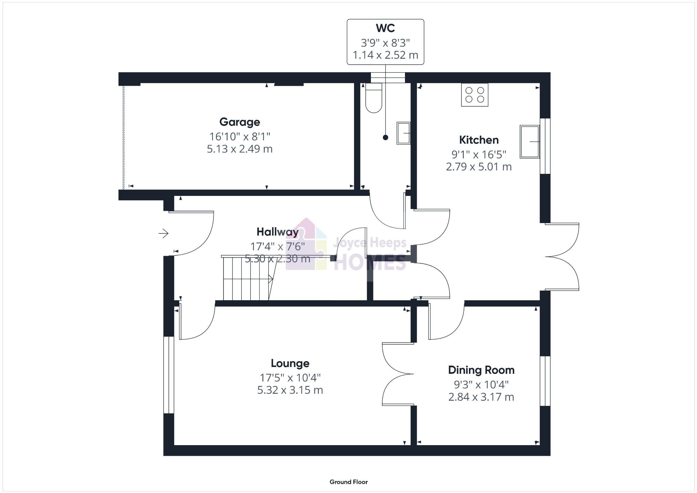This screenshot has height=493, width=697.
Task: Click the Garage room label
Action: (240, 122)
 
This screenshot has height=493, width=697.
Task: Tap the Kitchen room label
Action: (479, 140)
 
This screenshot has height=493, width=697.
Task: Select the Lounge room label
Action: (290, 363)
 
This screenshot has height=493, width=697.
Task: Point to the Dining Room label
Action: (481, 370)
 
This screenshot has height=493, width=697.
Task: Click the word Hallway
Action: (277, 232)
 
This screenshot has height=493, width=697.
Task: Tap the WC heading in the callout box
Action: (385, 28)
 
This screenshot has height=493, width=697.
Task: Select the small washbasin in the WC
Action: (403, 133)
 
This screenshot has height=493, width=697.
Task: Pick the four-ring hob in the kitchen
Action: (475, 95)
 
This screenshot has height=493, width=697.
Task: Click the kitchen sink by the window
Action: (529, 141)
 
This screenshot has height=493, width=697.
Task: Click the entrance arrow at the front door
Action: (164, 234)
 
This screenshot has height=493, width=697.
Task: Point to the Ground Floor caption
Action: (348, 482)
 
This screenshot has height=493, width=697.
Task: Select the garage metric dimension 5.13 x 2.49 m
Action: (240, 149)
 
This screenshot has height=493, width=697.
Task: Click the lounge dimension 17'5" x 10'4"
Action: (290, 378)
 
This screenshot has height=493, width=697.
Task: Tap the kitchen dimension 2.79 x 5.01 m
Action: (479, 167)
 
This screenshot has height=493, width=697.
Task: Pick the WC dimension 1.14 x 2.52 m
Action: (385, 55)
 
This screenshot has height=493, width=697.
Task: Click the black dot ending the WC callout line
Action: (385, 137)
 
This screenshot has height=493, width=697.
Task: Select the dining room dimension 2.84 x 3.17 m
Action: (481, 397)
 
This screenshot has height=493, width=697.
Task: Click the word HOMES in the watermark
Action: (370, 262)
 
